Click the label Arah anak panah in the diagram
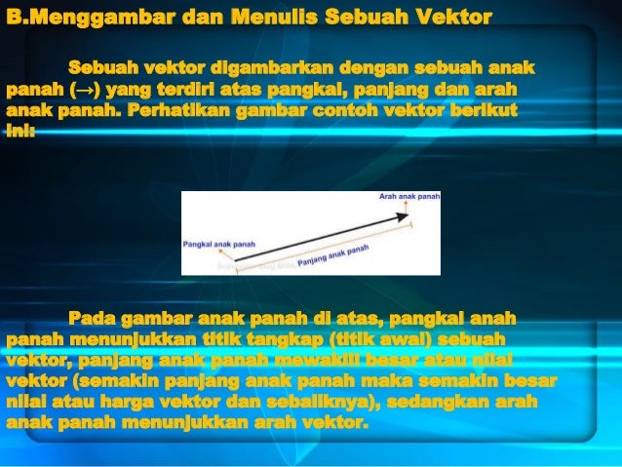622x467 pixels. [x=408, y=196]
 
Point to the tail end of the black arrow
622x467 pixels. [x=236, y=260]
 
